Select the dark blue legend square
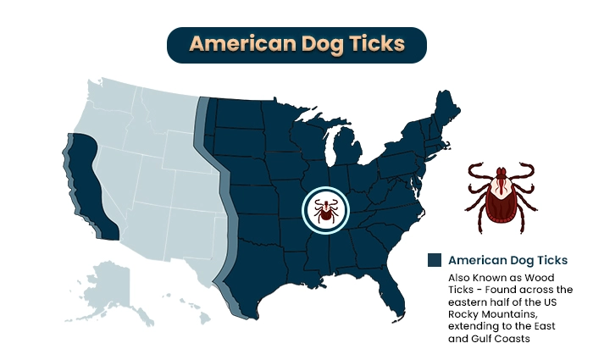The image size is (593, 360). [435, 260]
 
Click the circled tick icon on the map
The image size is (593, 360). [325, 208]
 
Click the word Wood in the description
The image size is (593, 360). [540, 277]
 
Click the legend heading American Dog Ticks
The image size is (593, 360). [507, 260]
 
